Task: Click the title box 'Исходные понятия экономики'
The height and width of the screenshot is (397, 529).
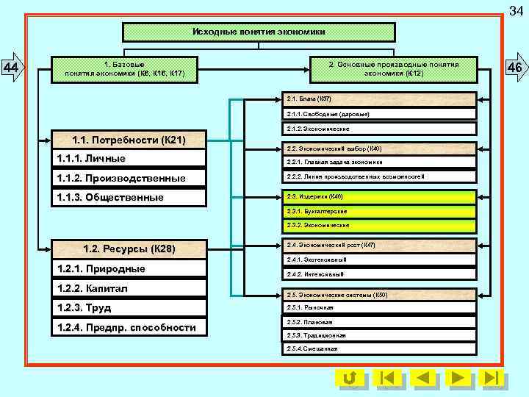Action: [259, 32]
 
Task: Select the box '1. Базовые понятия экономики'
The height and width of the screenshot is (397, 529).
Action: [124, 69]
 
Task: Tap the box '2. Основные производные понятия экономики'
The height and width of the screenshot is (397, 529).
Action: [393, 69]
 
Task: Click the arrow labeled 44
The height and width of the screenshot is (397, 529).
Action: [12, 68]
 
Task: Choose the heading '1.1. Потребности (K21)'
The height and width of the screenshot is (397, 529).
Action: [129, 140]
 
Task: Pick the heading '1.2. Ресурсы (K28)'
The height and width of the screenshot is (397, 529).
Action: [129, 248]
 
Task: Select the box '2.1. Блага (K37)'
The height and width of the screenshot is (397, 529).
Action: [381, 99]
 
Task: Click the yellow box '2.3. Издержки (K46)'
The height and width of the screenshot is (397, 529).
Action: [381, 197]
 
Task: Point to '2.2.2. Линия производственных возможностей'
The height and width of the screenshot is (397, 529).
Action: [381, 176]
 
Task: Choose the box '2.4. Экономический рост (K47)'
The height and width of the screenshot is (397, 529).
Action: [381, 245]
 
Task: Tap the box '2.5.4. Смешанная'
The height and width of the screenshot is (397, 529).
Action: [381, 348]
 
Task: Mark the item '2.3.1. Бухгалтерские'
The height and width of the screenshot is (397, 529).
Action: [381, 211]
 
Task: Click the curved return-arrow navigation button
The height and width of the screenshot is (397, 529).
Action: [350, 378]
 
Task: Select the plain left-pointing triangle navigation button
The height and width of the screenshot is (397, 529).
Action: [422, 378]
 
